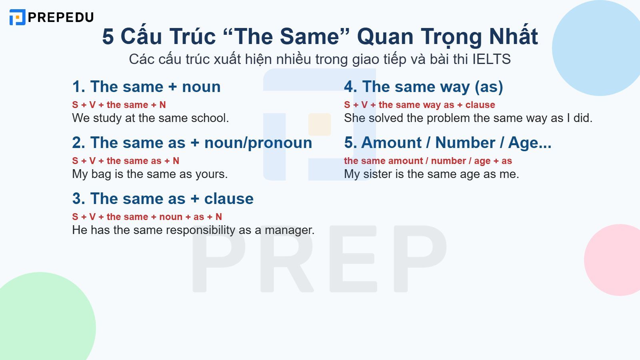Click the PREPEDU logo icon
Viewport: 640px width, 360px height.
point(17,17)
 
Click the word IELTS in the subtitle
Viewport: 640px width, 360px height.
point(491,59)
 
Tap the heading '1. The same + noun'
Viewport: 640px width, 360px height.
point(146,87)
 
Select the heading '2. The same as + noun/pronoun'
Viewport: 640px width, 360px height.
point(192,143)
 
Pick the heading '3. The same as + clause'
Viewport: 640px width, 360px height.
point(163,199)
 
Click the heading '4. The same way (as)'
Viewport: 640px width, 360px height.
point(423,87)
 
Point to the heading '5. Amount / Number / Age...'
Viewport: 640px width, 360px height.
point(447,143)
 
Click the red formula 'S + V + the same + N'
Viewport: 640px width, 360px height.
point(119,105)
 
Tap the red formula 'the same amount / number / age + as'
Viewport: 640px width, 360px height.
point(428,161)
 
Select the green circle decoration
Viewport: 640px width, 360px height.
point(44,320)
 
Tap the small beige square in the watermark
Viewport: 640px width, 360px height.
point(319,124)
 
